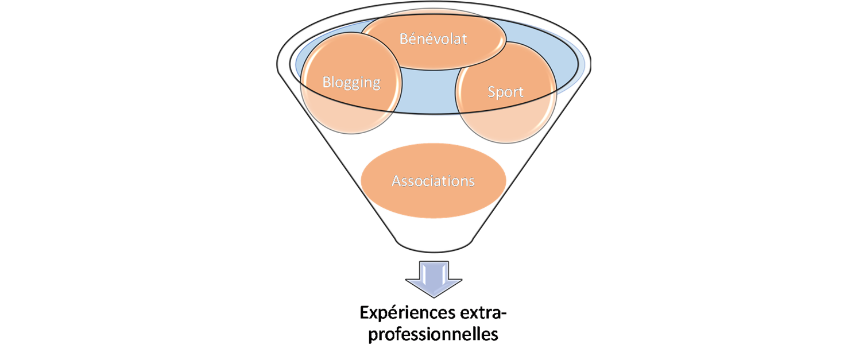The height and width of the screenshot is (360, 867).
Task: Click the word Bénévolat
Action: (x=433, y=39)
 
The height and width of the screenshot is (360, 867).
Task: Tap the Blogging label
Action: (x=351, y=82)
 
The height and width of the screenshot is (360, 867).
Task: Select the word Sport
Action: (x=505, y=91)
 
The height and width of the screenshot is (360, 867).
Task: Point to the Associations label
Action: (x=433, y=181)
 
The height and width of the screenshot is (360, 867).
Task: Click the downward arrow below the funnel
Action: (x=433, y=278)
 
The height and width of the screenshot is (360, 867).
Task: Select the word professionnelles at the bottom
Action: (x=433, y=335)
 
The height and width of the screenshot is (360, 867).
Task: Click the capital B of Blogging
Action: (x=327, y=82)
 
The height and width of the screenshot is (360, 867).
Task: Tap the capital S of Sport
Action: (x=491, y=91)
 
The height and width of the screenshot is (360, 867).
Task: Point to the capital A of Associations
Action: (x=396, y=181)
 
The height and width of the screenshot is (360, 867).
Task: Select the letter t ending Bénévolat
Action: (x=466, y=39)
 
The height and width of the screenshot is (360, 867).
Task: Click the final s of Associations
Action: (x=471, y=181)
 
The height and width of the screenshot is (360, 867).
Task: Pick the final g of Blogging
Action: (x=376, y=84)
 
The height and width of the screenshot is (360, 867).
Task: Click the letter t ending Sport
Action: (x=521, y=92)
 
